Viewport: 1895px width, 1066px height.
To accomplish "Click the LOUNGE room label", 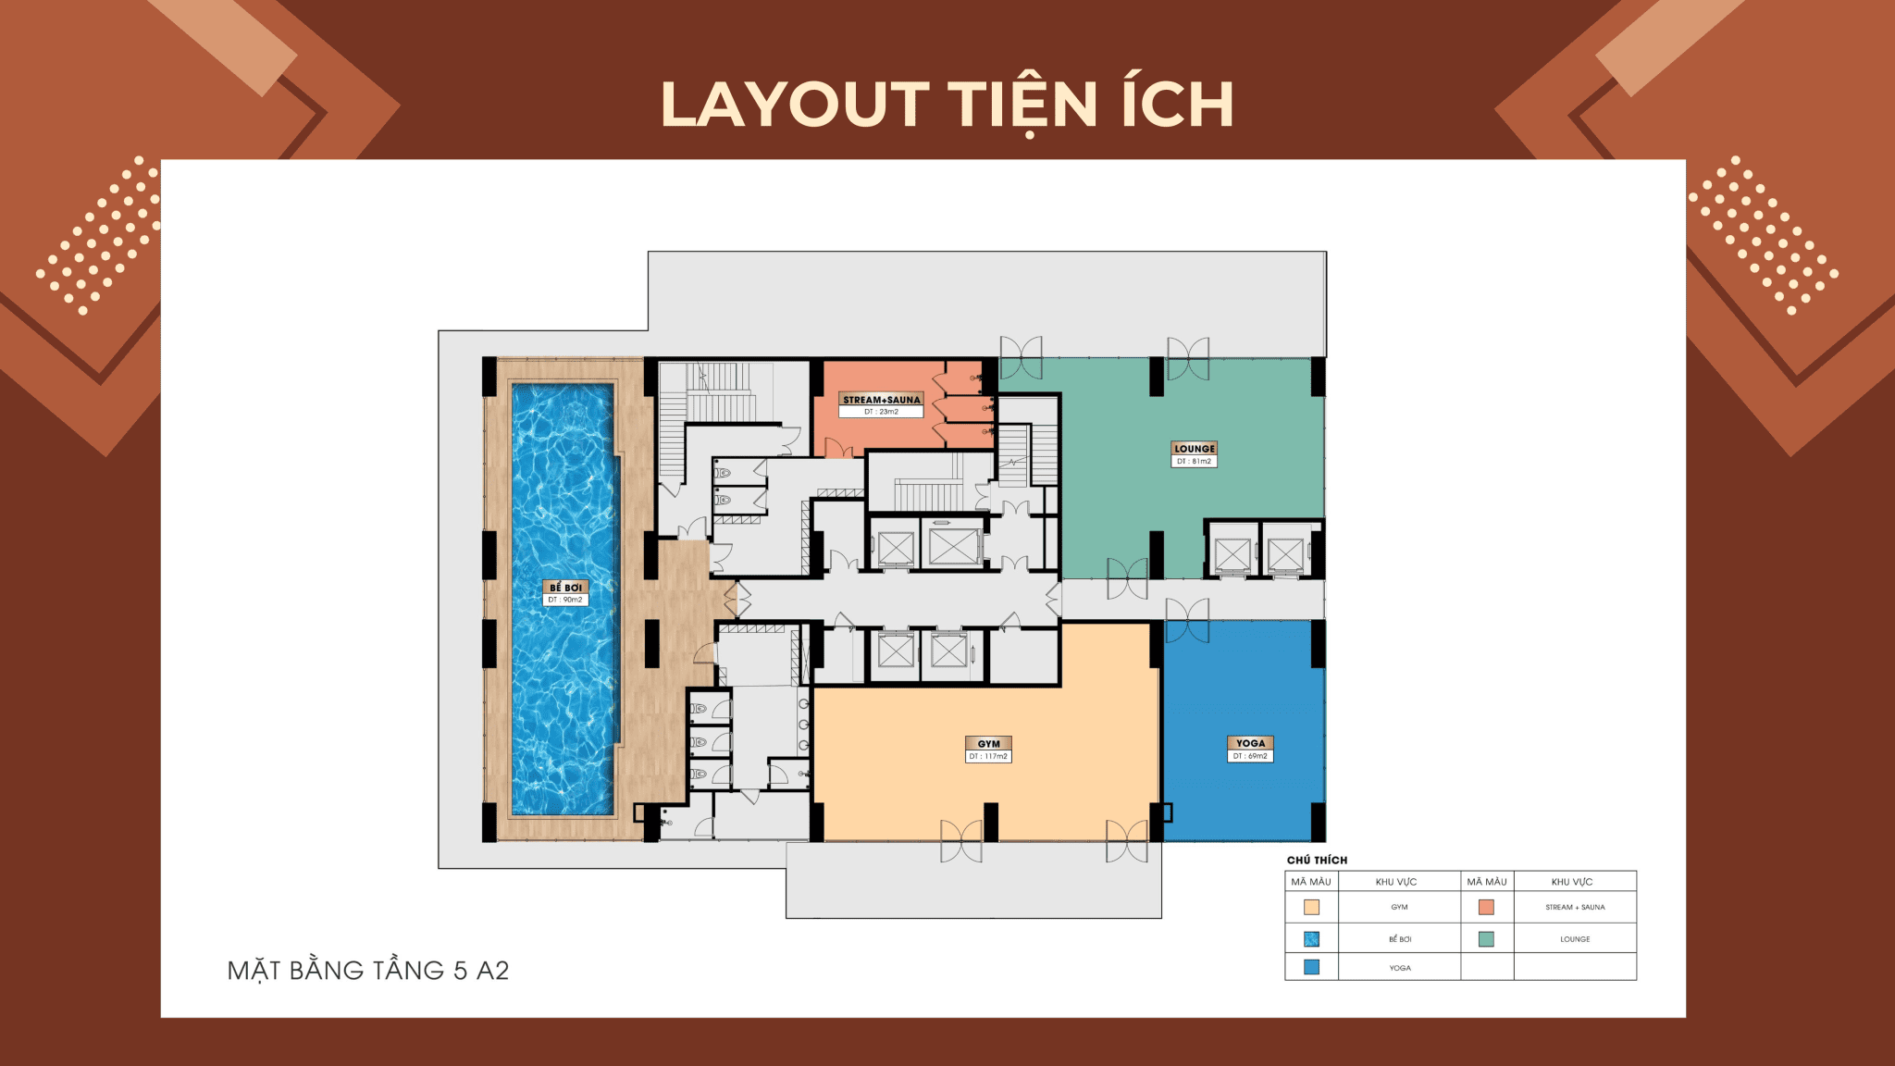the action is pyautogui.click(x=1194, y=449).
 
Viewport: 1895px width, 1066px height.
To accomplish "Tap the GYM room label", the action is pyautogui.click(x=989, y=744).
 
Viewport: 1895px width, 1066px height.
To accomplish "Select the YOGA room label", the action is pyautogui.click(x=1250, y=743).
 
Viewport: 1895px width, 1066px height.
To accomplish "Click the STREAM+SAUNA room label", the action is pyautogui.click(x=882, y=400).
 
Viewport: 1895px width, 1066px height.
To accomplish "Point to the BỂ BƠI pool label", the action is pyautogui.click(x=565, y=588).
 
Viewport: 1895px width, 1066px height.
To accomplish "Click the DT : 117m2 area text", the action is pyautogui.click(x=989, y=757).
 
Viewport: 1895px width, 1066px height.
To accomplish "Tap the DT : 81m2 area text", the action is pyautogui.click(x=1194, y=461).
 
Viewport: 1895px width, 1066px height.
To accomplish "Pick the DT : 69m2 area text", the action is pyautogui.click(x=1250, y=756).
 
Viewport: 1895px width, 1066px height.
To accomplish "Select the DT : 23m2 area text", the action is pyautogui.click(x=882, y=412).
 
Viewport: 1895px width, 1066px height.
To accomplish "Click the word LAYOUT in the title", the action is pyautogui.click(x=795, y=104).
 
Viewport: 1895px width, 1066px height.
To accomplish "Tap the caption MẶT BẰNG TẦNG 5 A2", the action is pyautogui.click(x=368, y=971).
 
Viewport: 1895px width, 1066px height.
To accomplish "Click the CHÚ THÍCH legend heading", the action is pyautogui.click(x=1317, y=861).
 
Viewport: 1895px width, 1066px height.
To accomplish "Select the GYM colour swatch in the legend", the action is pyautogui.click(x=1311, y=908).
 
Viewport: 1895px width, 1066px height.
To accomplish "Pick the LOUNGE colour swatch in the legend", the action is pyautogui.click(x=1486, y=939).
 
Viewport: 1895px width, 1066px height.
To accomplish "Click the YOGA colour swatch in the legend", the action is pyautogui.click(x=1311, y=967).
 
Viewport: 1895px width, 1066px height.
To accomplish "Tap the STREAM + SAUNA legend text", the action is pyautogui.click(x=1575, y=908).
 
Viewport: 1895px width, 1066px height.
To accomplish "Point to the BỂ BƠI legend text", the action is pyautogui.click(x=1400, y=939).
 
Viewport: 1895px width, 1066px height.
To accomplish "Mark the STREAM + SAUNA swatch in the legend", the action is pyautogui.click(x=1486, y=908).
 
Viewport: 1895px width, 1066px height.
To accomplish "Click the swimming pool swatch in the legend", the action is pyautogui.click(x=1311, y=939).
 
